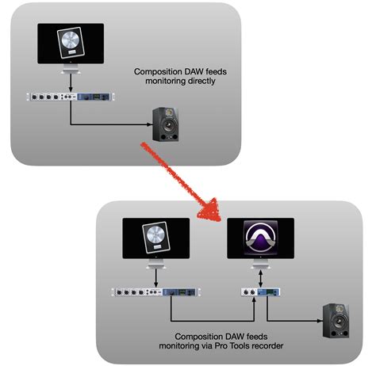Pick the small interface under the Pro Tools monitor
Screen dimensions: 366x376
point(260,292)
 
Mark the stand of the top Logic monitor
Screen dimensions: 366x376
point(71,71)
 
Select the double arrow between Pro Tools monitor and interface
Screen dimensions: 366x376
point(260,277)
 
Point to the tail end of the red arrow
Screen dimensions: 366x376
point(146,147)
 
